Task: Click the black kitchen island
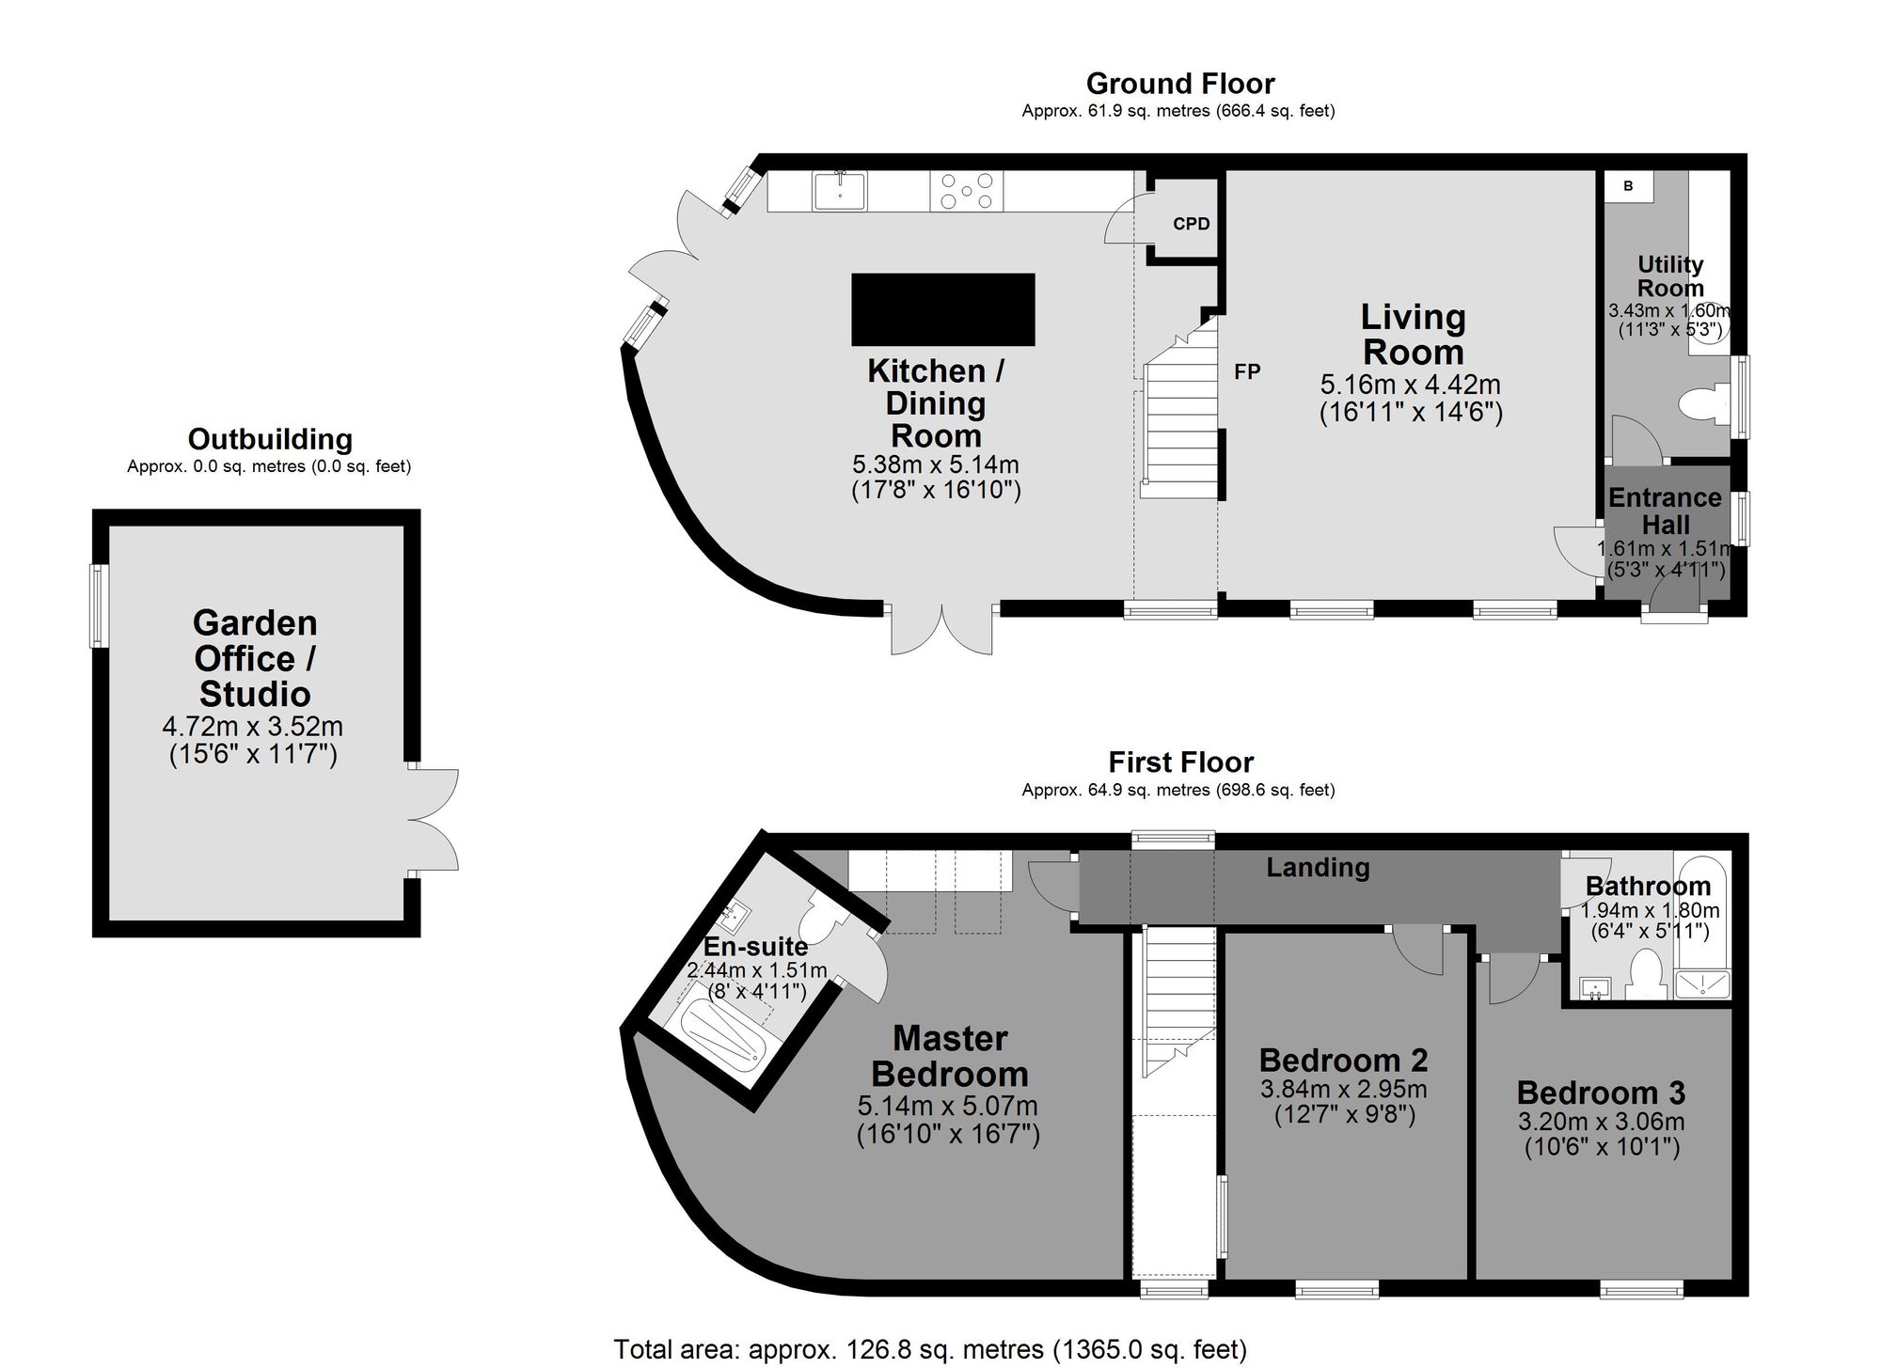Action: (943, 309)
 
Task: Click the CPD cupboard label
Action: (1192, 224)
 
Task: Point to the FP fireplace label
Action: (1247, 372)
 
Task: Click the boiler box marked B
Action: (1628, 186)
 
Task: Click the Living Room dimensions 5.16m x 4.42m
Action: (1411, 385)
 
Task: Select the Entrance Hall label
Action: (1666, 511)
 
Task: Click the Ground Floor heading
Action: (1180, 84)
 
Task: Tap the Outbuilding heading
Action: (270, 439)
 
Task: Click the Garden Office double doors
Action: (434, 819)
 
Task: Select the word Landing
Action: (1318, 867)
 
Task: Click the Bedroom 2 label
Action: (1343, 1060)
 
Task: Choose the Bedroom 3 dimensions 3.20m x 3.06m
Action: (1601, 1122)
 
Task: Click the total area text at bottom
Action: (930, 1350)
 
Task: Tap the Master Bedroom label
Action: (949, 1056)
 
